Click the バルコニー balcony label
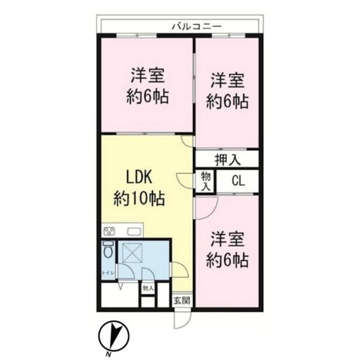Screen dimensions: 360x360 [196, 25]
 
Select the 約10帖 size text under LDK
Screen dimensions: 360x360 [139, 197]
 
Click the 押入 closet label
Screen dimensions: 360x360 [227, 159]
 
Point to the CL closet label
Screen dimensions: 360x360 [238, 181]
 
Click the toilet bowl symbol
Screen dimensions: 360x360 [108, 249]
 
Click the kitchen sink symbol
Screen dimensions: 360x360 [135, 231]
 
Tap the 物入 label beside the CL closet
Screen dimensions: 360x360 [206, 181]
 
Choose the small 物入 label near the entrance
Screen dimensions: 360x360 [148, 288]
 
